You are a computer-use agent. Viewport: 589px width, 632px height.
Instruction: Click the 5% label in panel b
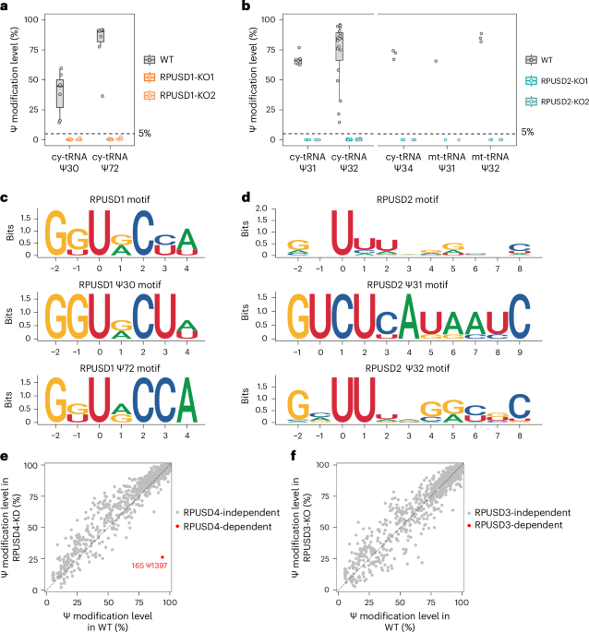(x=527, y=132)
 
